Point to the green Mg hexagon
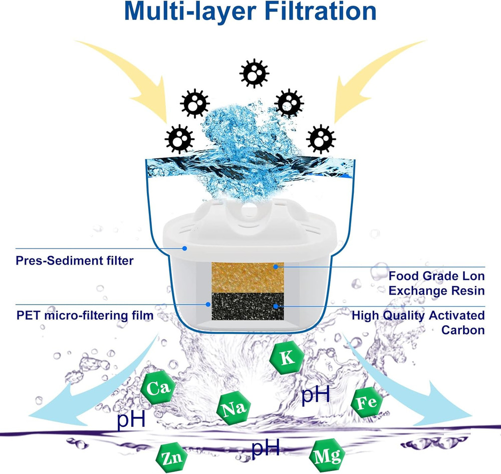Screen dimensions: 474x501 328,455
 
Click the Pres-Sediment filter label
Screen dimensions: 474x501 75,261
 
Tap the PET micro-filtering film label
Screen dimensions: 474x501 84,316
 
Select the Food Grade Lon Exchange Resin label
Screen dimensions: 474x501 437,283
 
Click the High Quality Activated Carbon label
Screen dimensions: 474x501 418,323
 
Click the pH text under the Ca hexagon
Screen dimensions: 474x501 131,419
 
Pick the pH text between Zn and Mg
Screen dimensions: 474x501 265,448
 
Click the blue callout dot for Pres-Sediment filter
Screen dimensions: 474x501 185,248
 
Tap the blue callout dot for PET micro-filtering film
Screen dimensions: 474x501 208,304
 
